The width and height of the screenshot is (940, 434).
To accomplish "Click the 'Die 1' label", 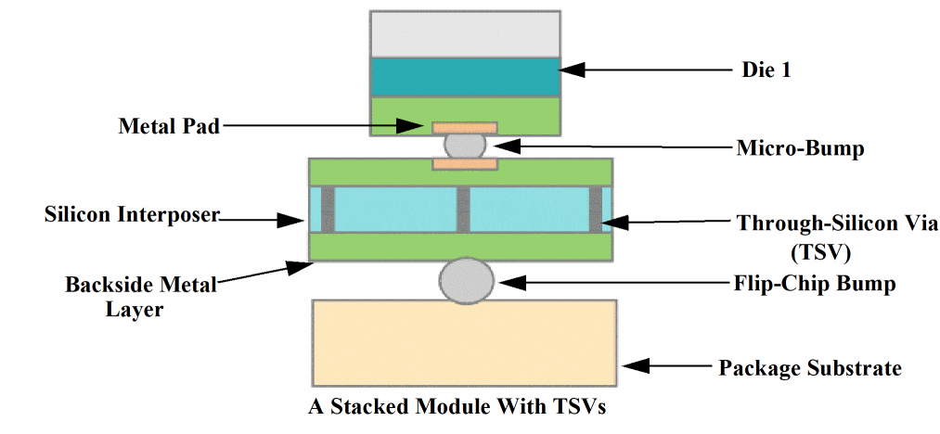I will (x=766, y=70).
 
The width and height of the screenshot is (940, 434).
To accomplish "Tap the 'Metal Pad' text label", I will (x=169, y=126).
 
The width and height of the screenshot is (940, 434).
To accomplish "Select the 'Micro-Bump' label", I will (x=800, y=147).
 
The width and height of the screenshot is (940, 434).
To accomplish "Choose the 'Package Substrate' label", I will (x=810, y=368).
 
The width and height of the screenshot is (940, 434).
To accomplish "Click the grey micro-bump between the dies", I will (x=465, y=146).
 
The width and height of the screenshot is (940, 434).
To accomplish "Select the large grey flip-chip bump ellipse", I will (x=467, y=281).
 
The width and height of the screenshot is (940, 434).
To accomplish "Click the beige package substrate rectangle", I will (x=465, y=342).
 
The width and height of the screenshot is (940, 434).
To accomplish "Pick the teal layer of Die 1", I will (x=465, y=78).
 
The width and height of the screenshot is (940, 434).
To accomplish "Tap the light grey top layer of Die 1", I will (x=465, y=34).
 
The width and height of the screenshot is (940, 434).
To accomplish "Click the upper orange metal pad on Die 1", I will (x=465, y=126).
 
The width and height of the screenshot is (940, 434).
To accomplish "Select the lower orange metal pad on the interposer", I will (x=465, y=164).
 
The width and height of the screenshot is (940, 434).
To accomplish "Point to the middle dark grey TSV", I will (x=464, y=209).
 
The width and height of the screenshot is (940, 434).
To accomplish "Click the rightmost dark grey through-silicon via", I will (x=596, y=209).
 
